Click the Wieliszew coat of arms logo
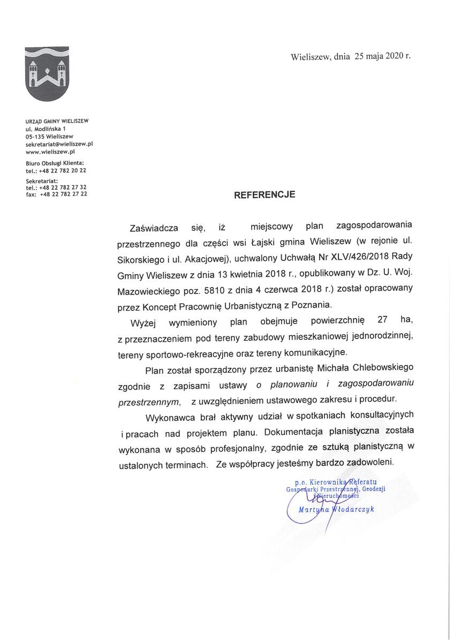point(47,74)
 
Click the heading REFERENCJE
point(264,195)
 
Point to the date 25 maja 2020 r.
point(382,56)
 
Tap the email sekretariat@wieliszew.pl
point(59,144)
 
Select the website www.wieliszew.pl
point(50,152)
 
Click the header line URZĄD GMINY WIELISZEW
point(57,121)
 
